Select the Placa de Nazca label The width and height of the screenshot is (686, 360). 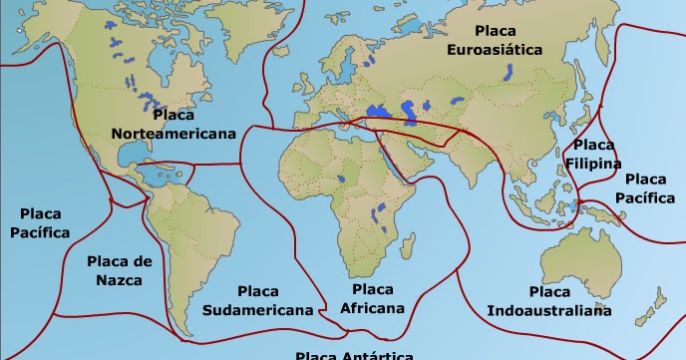[x=119, y=270]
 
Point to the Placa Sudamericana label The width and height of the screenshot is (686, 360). [x=257, y=300]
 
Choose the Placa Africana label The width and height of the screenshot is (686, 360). [x=365, y=298]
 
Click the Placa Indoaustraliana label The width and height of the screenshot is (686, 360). [x=549, y=301]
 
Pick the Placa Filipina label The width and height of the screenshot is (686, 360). [x=593, y=155]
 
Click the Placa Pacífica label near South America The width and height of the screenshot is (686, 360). [x=40, y=223]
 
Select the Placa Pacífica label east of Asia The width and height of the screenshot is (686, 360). [x=644, y=187]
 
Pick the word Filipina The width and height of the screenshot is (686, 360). [x=593, y=164]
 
